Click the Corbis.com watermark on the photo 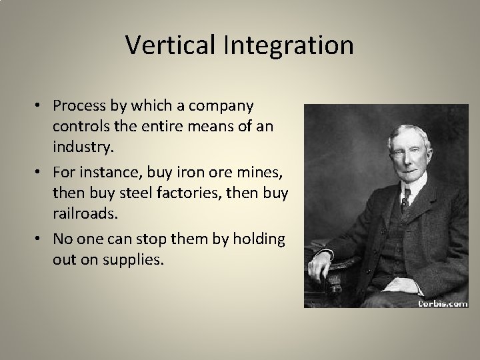tap(442, 302)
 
